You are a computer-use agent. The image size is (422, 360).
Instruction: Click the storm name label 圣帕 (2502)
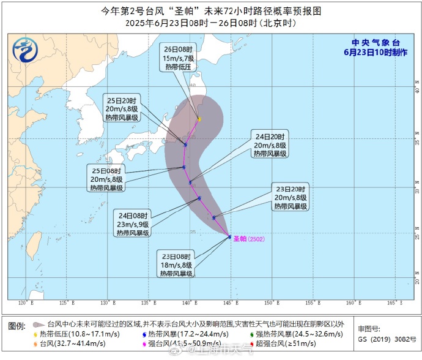click(x=252, y=239)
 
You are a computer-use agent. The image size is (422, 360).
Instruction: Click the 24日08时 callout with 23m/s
click(x=133, y=223)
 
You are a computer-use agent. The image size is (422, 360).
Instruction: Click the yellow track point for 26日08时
click(x=199, y=119)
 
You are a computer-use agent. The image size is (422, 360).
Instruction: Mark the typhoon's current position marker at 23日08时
click(x=229, y=236)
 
